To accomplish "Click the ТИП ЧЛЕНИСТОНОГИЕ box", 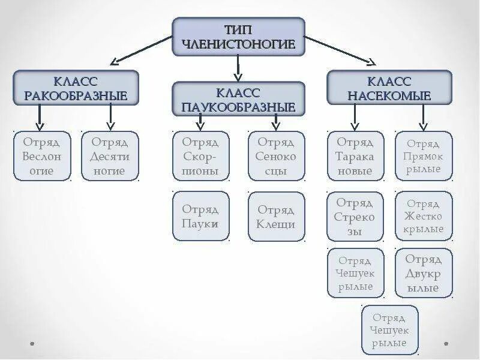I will click(x=239, y=37).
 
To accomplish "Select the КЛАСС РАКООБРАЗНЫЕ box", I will click(x=76, y=88).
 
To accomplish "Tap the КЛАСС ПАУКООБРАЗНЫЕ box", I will click(x=239, y=100).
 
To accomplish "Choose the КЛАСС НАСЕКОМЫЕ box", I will click(x=389, y=88).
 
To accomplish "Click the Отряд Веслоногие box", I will click(x=42, y=156).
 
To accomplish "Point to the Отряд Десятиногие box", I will click(x=110, y=156).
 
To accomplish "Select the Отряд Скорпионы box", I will click(x=200, y=156).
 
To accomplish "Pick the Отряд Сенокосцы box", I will click(x=276, y=156).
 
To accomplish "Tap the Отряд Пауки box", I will click(x=200, y=216).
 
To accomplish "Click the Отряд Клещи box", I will click(x=276, y=216).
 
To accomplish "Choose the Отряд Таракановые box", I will click(x=355, y=156).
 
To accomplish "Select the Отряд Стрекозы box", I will click(x=355, y=216).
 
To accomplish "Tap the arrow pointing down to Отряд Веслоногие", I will click(x=40, y=118).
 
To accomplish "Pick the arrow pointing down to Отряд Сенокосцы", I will click(x=276, y=122).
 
